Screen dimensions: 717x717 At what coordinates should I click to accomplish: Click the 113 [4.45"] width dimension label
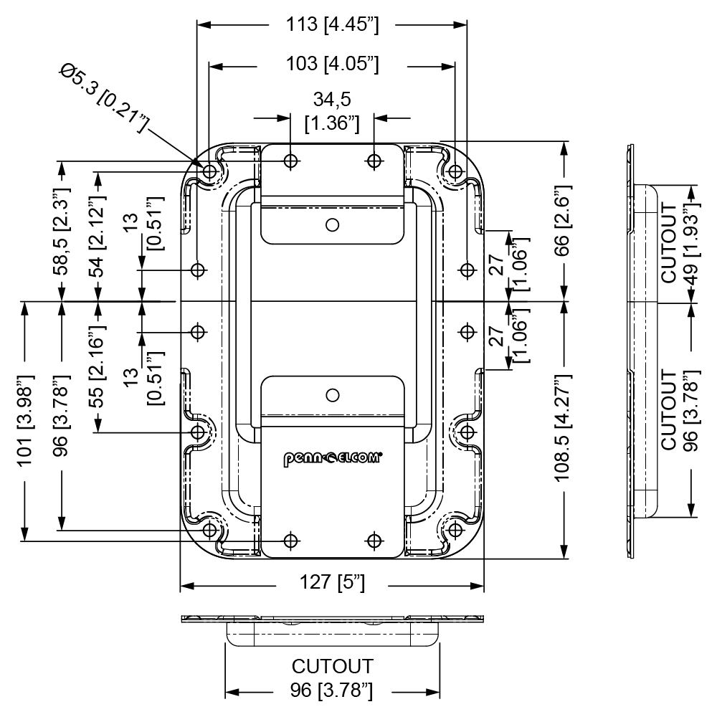click(x=333, y=24)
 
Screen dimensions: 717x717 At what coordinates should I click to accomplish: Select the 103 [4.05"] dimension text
click(x=333, y=64)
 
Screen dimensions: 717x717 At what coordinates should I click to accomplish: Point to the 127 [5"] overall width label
click(x=332, y=582)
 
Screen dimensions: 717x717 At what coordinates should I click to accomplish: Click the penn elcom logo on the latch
click(x=333, y=459)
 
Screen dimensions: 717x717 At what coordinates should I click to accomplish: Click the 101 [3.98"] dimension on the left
click(x=26, y=421)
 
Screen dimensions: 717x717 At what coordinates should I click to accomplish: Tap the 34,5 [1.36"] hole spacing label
click(x=333, y=111)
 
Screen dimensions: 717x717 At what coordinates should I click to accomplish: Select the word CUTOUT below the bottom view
click(x=333, y=666)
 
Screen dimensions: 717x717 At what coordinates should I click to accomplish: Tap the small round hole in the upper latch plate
click(x=333, y=225)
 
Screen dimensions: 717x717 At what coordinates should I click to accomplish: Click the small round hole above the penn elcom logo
click(x=333, y=395)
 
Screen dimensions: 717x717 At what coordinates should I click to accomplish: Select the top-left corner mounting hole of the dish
click(x=210, y=172)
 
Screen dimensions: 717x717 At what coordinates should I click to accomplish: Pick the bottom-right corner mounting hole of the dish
click(x=455, y=531)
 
